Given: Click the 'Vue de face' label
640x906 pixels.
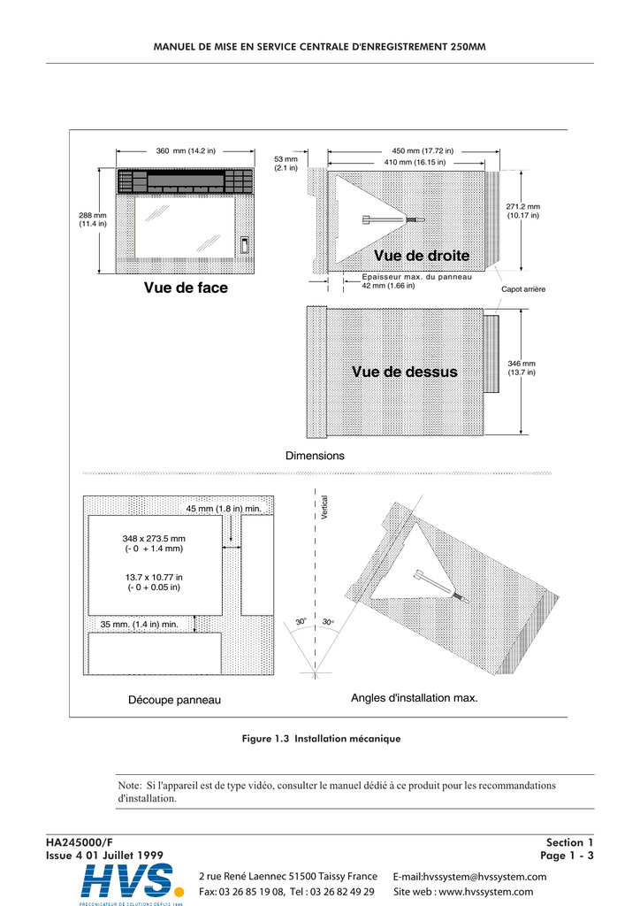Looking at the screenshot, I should (186, 288).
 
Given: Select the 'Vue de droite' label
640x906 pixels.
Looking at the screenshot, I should (421, 256).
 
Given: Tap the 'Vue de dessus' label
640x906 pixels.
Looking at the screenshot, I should (405, 372).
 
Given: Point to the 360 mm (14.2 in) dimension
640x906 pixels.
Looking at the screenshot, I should (186, 151).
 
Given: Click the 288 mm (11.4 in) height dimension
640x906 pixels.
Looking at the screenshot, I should (93, 219).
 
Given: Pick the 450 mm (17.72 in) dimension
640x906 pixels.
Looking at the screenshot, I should (423, 151).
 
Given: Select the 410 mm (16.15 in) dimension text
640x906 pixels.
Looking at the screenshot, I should (415, 163).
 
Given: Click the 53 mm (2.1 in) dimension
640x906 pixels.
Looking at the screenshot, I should (286, 163).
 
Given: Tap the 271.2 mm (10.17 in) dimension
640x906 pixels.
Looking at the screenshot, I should (522, 211).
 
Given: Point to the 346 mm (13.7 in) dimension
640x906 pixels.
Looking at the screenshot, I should (522, 368).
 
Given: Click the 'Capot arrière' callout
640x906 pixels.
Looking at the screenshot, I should (523, 289).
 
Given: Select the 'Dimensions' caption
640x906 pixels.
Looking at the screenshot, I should (315, 456).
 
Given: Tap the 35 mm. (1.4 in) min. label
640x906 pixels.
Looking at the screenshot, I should (140, 625).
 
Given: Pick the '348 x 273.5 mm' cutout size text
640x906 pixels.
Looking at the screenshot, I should (154, 538).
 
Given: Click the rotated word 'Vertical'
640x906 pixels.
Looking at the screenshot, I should (324, 513).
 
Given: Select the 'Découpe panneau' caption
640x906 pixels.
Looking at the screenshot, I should (175, 700).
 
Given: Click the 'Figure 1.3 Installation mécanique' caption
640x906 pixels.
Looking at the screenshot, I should (321, 738).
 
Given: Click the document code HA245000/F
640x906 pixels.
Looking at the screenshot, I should (80, 842).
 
